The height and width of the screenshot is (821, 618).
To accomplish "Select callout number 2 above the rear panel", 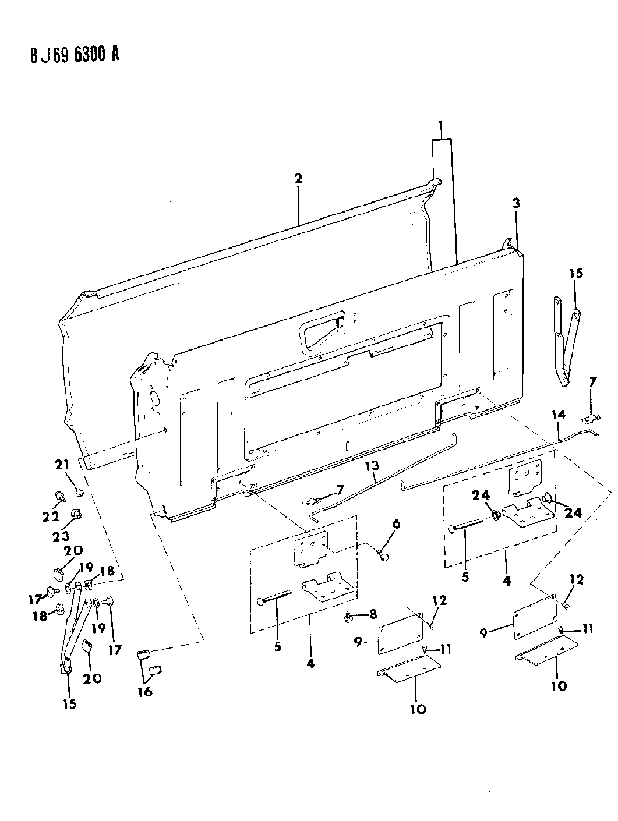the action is [x=298, y=178].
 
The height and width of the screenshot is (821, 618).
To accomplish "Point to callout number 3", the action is [x=516, y=203].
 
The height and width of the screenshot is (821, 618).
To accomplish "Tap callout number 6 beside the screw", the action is [x=396, y=524].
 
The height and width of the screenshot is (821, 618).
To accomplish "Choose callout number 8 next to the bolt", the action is [x=373, y=614].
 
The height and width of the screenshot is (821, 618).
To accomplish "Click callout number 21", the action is [x=62, y=465].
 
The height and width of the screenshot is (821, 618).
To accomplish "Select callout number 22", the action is [x=51, y=516].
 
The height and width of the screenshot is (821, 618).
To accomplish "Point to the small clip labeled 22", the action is [x=60, y=496].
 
